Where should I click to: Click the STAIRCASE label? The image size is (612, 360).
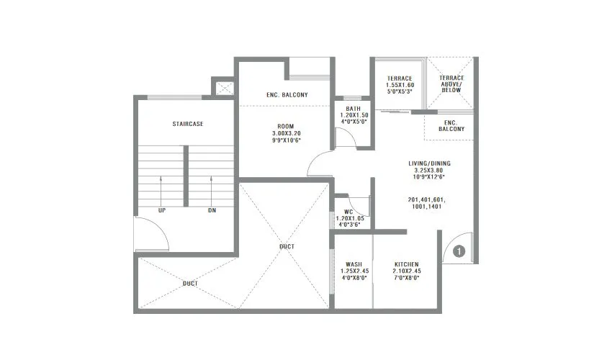tap(187, 124)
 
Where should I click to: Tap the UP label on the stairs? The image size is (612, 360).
tap(162, 211)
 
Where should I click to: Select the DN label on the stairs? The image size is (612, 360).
tap(212, 211)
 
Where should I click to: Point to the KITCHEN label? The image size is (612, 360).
tap(406, 264)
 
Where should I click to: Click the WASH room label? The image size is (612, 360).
tap(353, 264)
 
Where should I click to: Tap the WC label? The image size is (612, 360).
tap(348, 211)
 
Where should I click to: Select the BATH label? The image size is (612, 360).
tap(353, 109)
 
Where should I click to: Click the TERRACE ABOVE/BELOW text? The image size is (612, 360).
tap(452, 81)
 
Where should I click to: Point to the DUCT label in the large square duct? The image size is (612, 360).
tap(286, 247)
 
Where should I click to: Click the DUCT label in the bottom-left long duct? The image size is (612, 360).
tap(190, 284)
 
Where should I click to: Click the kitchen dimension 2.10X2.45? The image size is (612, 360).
tap(406, 271)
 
